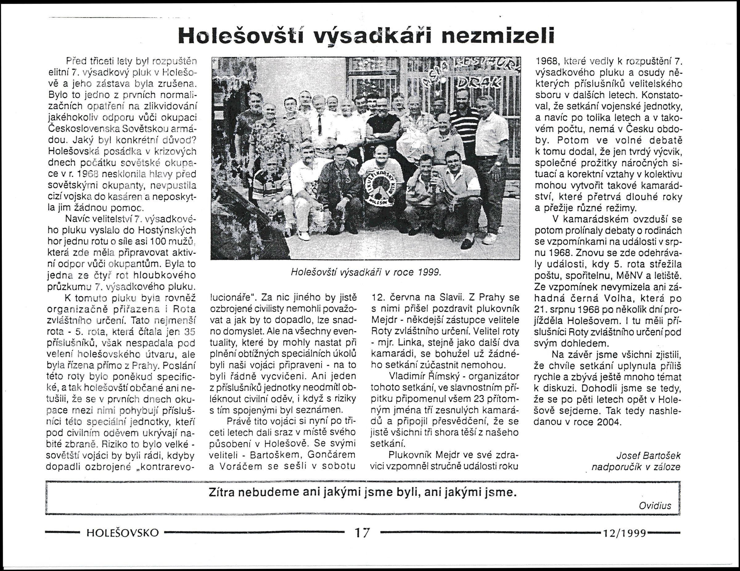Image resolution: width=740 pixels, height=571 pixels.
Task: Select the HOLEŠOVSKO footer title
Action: tap(123, 533)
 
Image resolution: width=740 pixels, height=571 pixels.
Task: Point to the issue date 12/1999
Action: tap(624, 533)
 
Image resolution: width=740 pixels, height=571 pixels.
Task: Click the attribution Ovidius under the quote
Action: tap(655, 506)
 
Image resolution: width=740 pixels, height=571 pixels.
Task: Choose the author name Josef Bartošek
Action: tap(648, 455)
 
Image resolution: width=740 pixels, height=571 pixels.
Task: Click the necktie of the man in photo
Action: tap(319, 124)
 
